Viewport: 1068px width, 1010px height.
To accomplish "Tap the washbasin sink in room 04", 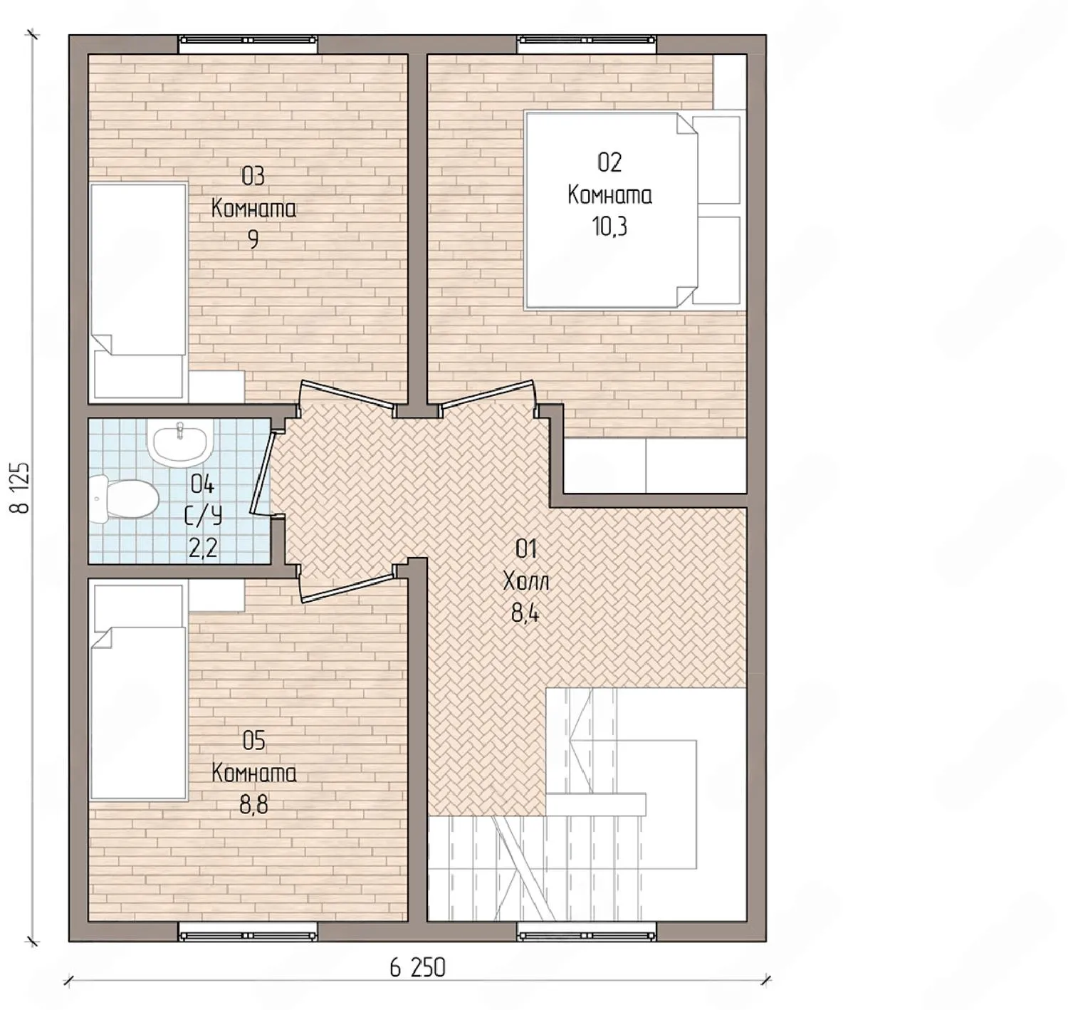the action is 180,442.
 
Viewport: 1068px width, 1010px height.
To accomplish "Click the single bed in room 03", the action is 138,293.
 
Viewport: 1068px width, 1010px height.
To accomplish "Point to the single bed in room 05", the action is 138,690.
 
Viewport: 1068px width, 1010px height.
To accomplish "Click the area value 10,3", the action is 609,226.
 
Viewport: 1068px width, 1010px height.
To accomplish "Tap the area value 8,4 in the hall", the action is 525,614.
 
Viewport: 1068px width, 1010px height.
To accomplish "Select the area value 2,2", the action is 203,548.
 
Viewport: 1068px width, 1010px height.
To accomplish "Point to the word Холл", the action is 526,582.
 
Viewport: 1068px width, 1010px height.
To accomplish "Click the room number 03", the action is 253,177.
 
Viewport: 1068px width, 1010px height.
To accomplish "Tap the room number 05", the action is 253,741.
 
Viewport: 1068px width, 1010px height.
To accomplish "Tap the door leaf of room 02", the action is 488,393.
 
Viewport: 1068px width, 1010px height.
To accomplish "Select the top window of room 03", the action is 248,40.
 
